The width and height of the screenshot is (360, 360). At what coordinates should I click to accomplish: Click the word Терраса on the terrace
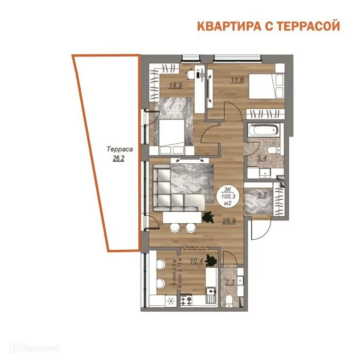click(x=120, y=149)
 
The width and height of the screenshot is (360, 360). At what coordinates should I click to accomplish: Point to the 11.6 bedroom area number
click(x=237, y=80)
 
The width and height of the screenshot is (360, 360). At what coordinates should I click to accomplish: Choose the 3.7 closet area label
click(x=262, y=195)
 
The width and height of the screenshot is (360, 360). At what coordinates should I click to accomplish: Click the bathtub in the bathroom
click(x=263, y=130)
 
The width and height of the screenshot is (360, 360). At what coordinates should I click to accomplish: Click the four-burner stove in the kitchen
click(x=187, y=301)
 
